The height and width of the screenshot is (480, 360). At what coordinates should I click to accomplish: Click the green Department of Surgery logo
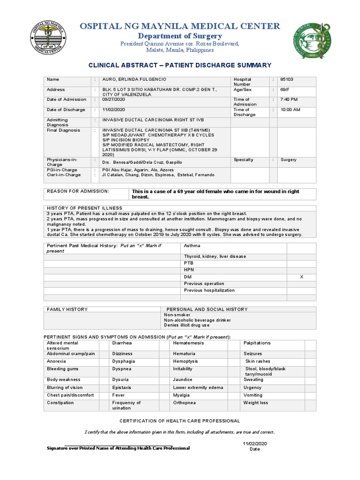312,41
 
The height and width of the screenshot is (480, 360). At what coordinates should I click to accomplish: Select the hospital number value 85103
286,80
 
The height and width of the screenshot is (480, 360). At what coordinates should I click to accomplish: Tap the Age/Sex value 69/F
286,90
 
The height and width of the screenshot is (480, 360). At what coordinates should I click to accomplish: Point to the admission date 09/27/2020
114,99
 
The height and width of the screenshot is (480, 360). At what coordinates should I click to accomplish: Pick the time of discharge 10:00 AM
291,110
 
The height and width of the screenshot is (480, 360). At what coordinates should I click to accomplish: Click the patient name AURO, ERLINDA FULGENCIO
134,80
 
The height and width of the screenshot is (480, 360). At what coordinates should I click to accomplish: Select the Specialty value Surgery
289,160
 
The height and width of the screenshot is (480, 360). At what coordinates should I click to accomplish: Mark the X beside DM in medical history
301,277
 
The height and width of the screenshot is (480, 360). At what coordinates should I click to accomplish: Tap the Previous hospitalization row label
209,290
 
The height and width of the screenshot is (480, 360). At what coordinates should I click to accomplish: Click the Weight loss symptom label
256,403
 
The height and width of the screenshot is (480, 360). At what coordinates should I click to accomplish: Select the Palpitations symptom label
257,343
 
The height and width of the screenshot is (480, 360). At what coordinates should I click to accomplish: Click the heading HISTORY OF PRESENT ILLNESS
84,208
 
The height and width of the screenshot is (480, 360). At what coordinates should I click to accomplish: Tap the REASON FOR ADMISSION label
78,191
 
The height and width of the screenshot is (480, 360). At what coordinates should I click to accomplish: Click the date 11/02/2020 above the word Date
254,443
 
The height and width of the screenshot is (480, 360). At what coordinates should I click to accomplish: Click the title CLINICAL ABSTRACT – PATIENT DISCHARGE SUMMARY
180,65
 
